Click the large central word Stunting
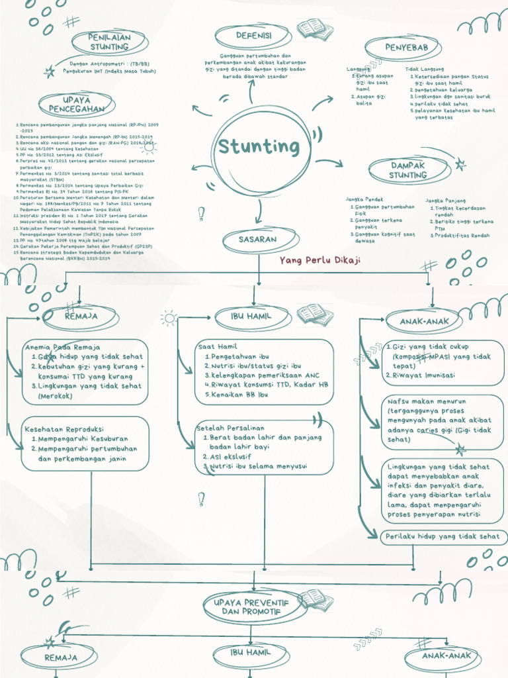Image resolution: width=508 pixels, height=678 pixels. tap(259, 146)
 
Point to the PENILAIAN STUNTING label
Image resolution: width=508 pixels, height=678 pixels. tap(110, 42)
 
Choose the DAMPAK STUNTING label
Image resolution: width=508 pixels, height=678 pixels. tap(407, 170)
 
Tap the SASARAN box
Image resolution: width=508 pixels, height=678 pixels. tap(257, 240)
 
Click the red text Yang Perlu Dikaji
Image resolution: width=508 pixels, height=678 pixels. tap(320, 261)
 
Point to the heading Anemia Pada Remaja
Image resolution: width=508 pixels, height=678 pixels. tap(62, 347)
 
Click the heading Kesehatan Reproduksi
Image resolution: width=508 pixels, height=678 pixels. tap(63, 429)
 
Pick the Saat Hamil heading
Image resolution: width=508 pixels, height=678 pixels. tap(218, 346)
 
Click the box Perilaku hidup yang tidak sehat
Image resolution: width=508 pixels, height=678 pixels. tap(443, 536)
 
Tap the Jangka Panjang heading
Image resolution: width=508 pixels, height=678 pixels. tap(446, 200)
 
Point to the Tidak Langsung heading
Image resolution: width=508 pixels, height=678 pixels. tap(425, 69)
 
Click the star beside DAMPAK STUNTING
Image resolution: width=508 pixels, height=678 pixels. tap(460, 166)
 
